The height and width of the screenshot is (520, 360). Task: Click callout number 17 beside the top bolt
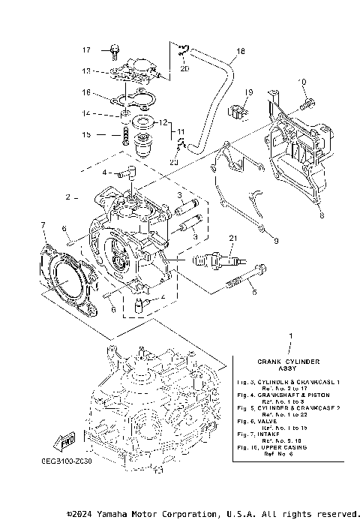tap(86, 50)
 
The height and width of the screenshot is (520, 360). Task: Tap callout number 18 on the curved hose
tap(239, 52)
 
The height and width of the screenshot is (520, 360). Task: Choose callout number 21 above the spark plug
tap(232, 239)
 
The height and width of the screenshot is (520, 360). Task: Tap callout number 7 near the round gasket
tap(43, 224)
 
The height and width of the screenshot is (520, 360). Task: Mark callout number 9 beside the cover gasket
tap(275, 241)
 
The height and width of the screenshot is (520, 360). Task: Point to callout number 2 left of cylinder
tap(67, 198)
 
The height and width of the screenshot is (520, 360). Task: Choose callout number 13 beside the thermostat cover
tap(86, 71)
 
